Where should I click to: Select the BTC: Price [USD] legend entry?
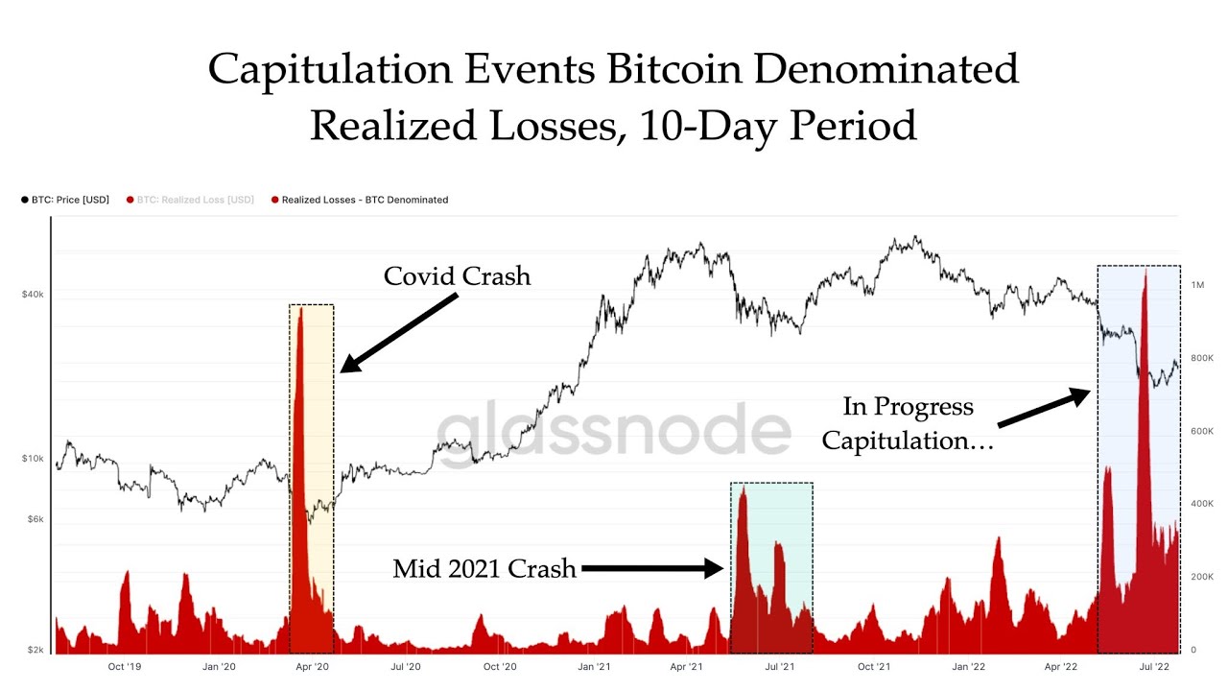[x=64, y=200]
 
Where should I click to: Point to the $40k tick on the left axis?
[x=32, y=295]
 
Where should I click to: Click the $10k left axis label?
[x=32, y=459]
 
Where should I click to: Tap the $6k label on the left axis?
[x=34, y=519]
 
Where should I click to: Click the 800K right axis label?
[x=1202, y=358]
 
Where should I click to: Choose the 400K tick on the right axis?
[x=1202, y=504]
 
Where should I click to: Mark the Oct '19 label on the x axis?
[x=125, y=666]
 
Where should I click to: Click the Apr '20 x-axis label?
[x=312, y=666]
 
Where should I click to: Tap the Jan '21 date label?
[x=594, y=666]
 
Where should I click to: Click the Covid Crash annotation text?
[x=457, y=276]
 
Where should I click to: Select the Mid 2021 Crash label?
[x=484, y=569]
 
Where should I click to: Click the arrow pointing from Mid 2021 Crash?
[x=652, y=569]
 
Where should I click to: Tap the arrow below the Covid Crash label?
[x=398, y=332]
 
